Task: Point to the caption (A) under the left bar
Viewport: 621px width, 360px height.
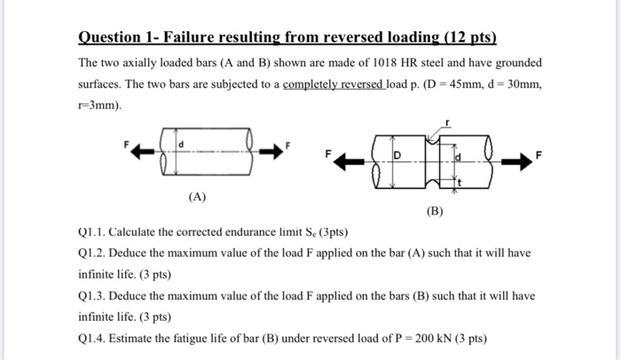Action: tap(197, 197)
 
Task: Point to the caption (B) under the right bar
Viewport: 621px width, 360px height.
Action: tap(434, 212)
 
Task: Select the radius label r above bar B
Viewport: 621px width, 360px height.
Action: tap(456, 126)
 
